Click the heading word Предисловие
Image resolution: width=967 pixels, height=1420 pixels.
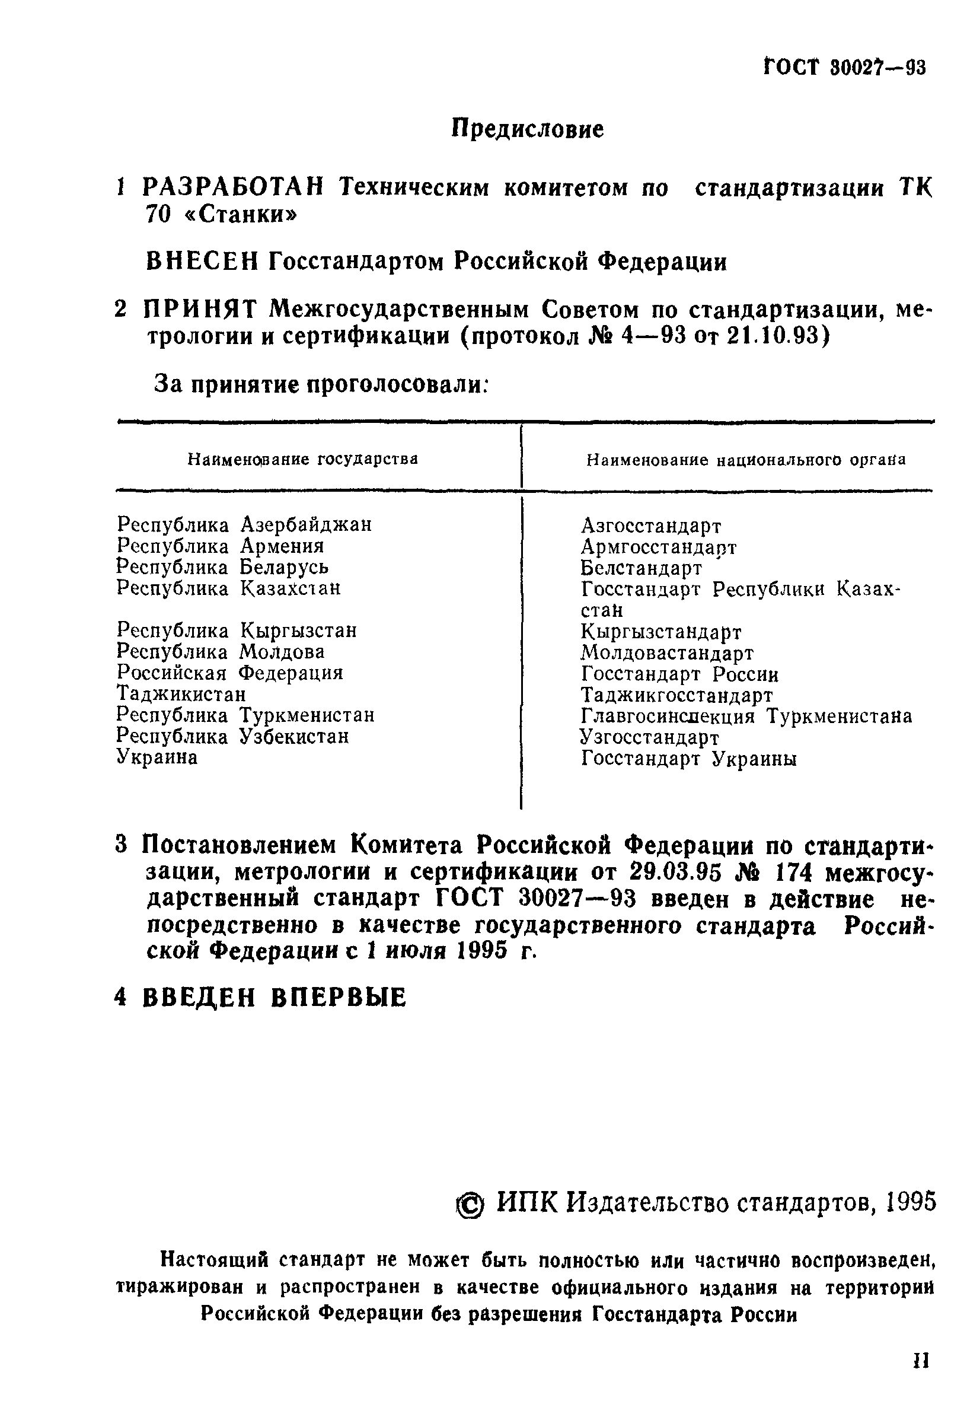click(x=528, y=129)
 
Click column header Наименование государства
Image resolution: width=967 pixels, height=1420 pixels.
click(x=302, y=460)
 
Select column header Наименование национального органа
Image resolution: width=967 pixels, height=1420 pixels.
click(x=745, y=460)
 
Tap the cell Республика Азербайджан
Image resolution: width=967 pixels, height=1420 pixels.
click(x=244, y=525)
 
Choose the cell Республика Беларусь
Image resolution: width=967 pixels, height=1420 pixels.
click(x=222, y=567)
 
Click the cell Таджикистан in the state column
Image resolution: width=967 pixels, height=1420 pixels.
click(x=181, y=694)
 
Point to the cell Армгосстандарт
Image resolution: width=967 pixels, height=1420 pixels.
click(x=658, y=547)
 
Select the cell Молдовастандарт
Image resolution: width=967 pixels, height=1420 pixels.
click(x=666, y=653)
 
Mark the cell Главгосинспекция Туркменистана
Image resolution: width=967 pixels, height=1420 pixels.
click(x=746, y=716)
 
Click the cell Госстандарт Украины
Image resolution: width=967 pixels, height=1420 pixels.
click(x=688, y=759)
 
